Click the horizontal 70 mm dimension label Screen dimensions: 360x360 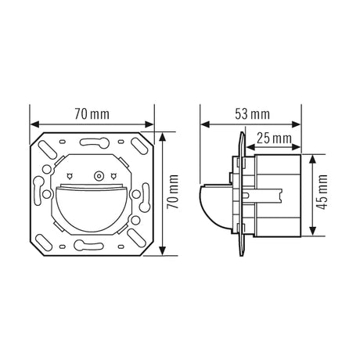tap(92, 114)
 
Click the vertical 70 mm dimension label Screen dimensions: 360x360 tap(173, 192)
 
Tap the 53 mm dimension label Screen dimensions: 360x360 tap(252, 114)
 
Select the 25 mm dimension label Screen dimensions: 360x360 tap(274, 139)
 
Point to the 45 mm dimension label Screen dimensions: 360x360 tap(322, 193)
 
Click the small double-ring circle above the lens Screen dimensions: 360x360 tap(99, 176)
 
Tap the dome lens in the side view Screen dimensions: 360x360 tap(216, 207)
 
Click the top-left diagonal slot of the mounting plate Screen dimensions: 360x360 tap(48, 149)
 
